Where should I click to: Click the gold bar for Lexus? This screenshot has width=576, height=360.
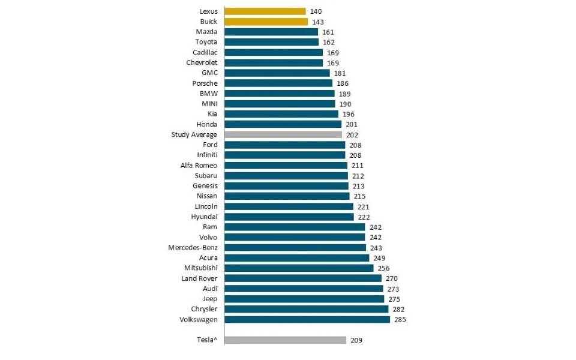pyautogui.click(x=265, y=11)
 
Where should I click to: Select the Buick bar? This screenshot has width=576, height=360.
pyautogui.click(x=266, y=22)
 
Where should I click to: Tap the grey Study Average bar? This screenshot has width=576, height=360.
pyautogui.click(x=283, y=135)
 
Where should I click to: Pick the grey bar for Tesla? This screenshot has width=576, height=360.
pyautogui.click(x=286, y=340)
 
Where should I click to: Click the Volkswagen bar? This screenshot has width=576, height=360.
pyautogui.click(x=307, y=320)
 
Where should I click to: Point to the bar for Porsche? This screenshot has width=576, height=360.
pyautogui.click(x=279, y=83)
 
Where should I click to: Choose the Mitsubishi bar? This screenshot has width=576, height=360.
pyautogui.click(x=299, y=268)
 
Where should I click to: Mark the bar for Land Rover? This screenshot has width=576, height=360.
pyautogui.click(x=303, y=278)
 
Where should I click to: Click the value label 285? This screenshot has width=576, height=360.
pyautogui.click(x=400, y=320)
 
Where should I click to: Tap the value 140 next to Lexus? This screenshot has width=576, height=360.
pyautogui.click(x=316, y=11)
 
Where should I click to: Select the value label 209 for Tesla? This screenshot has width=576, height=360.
pyautogui.click(x=356, y=340)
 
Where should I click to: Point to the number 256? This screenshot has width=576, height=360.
pyautogui.click(x=384, y=268)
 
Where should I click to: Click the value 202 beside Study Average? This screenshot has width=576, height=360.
pyautogui.click(x=352, y=135)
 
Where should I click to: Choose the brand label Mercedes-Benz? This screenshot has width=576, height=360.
pyautogui.click(x=193, y=248)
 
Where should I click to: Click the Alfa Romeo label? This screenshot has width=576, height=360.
pyautogui.click(x=199, y=166)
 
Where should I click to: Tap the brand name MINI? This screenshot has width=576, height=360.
pyautogui.click(x=208, y=104)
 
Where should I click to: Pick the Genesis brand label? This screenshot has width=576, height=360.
pyautogui.click(x=205, y=186)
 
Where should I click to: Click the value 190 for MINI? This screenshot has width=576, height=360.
pyautogui.click(x=346, y=104)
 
